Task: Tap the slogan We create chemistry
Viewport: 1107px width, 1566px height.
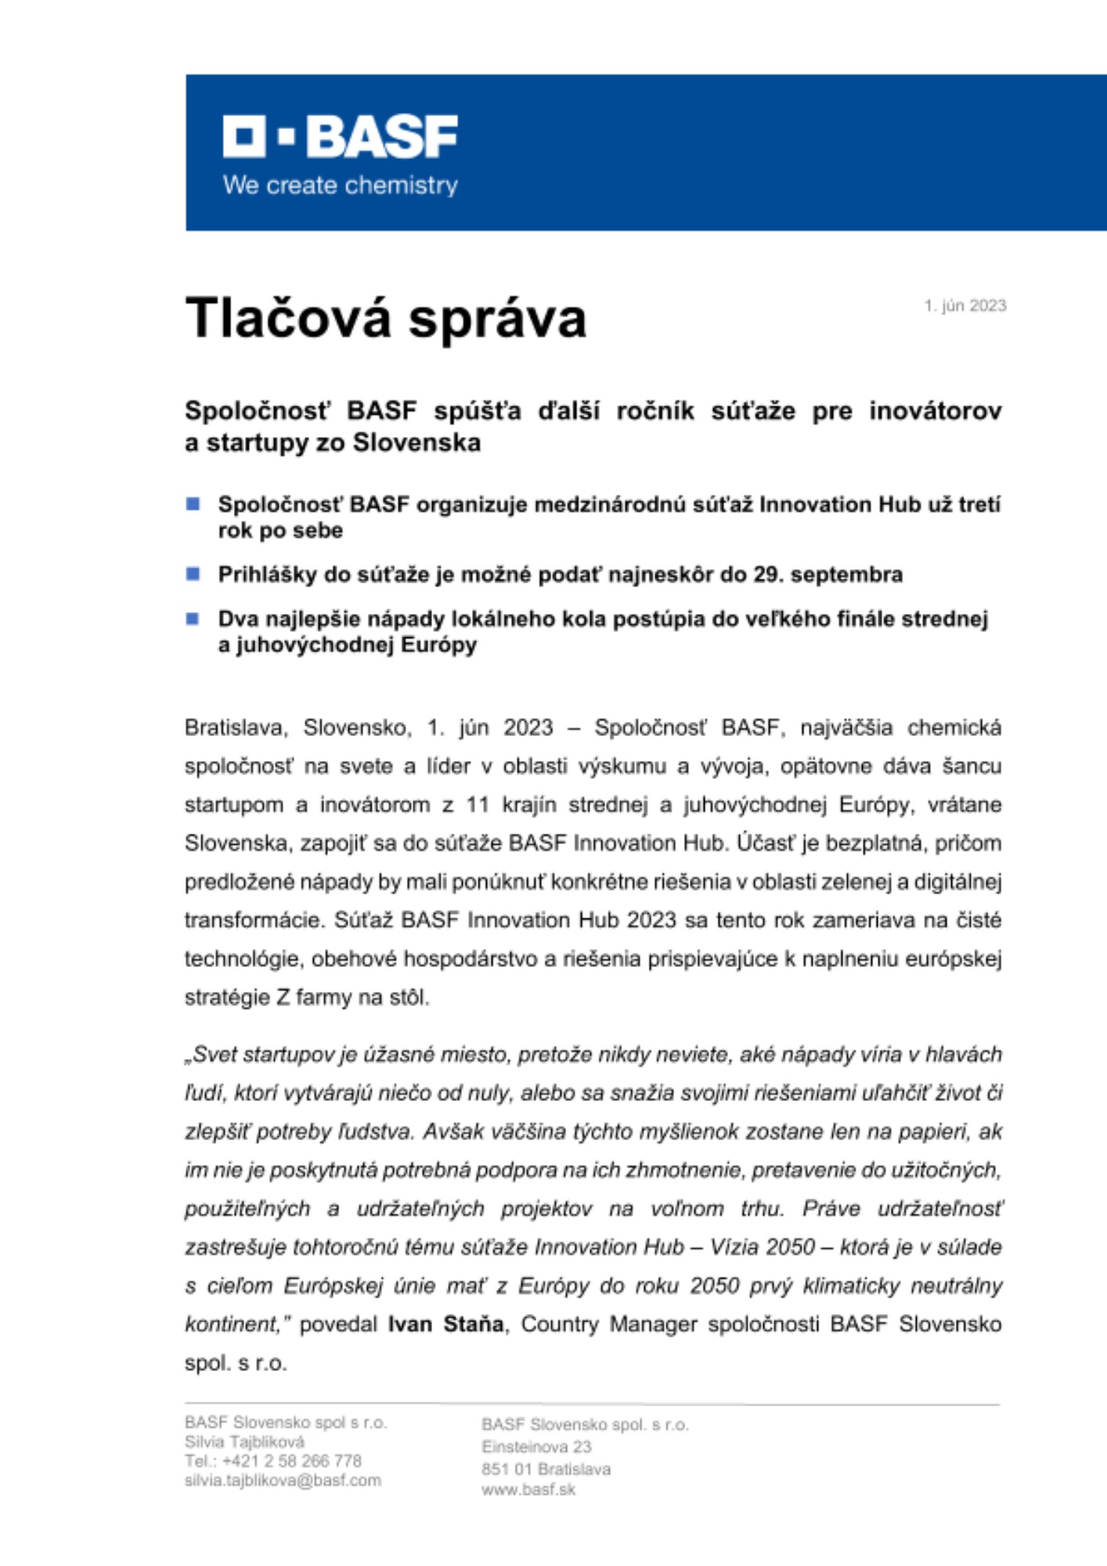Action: pos(341,186)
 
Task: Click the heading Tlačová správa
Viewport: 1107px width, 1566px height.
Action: pos(385,318)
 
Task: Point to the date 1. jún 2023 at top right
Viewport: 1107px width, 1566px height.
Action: pos(965,305)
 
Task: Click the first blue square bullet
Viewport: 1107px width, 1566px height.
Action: pos(193,503)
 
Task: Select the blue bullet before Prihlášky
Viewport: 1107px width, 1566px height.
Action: pos(193,574)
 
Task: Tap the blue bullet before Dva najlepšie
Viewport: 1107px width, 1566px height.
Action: pos(193,619)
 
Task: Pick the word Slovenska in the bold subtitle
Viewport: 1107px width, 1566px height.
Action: pos(416,443)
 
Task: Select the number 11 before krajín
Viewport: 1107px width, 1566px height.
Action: pos(478,804)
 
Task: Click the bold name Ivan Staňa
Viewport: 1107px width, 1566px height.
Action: pos(445,1324)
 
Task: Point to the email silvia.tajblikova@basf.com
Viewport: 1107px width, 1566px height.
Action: pos(283,1481)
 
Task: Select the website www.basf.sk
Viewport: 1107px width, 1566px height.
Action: pos(528,1489)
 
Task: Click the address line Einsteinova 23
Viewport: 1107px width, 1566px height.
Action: pos(536,1446)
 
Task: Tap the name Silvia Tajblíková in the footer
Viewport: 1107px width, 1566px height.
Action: pos(244,1442)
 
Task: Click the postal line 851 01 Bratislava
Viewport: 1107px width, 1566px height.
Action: pos(546,1469)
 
